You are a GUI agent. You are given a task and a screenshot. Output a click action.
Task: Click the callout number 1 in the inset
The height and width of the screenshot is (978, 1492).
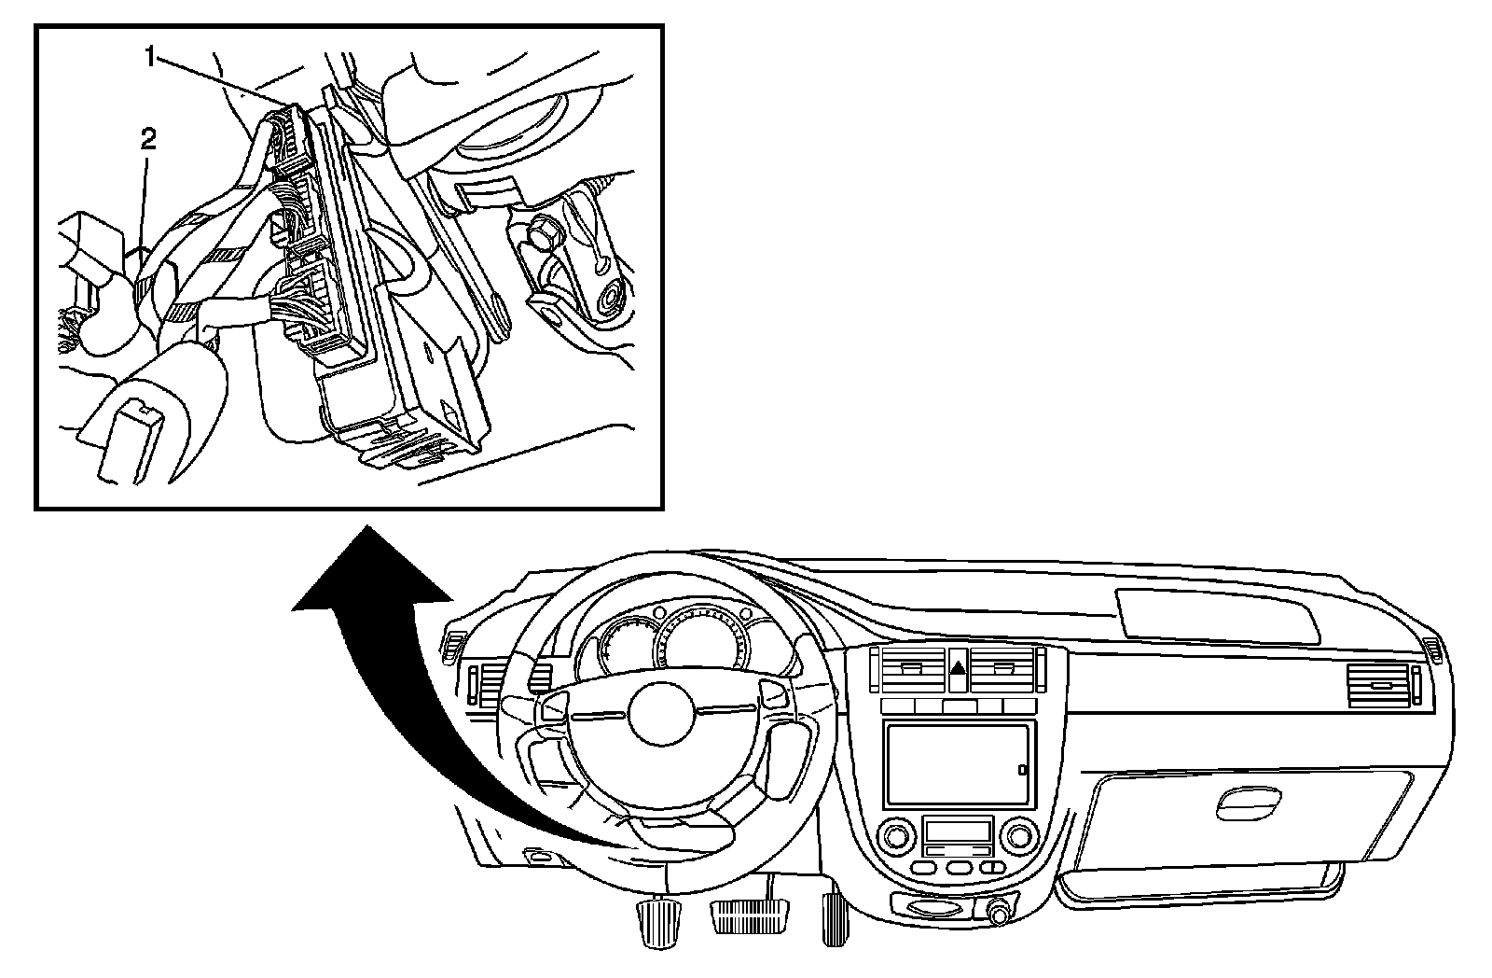149,57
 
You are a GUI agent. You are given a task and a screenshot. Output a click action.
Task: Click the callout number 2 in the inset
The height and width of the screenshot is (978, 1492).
147,140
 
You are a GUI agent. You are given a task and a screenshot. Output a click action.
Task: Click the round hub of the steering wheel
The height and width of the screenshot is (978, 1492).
663,711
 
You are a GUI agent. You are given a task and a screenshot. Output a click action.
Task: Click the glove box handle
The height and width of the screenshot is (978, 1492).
1247,800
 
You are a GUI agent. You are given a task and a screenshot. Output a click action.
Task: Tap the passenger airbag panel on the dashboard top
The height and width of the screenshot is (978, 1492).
1217,617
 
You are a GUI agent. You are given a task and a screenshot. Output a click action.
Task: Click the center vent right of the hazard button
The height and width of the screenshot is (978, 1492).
1005,670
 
